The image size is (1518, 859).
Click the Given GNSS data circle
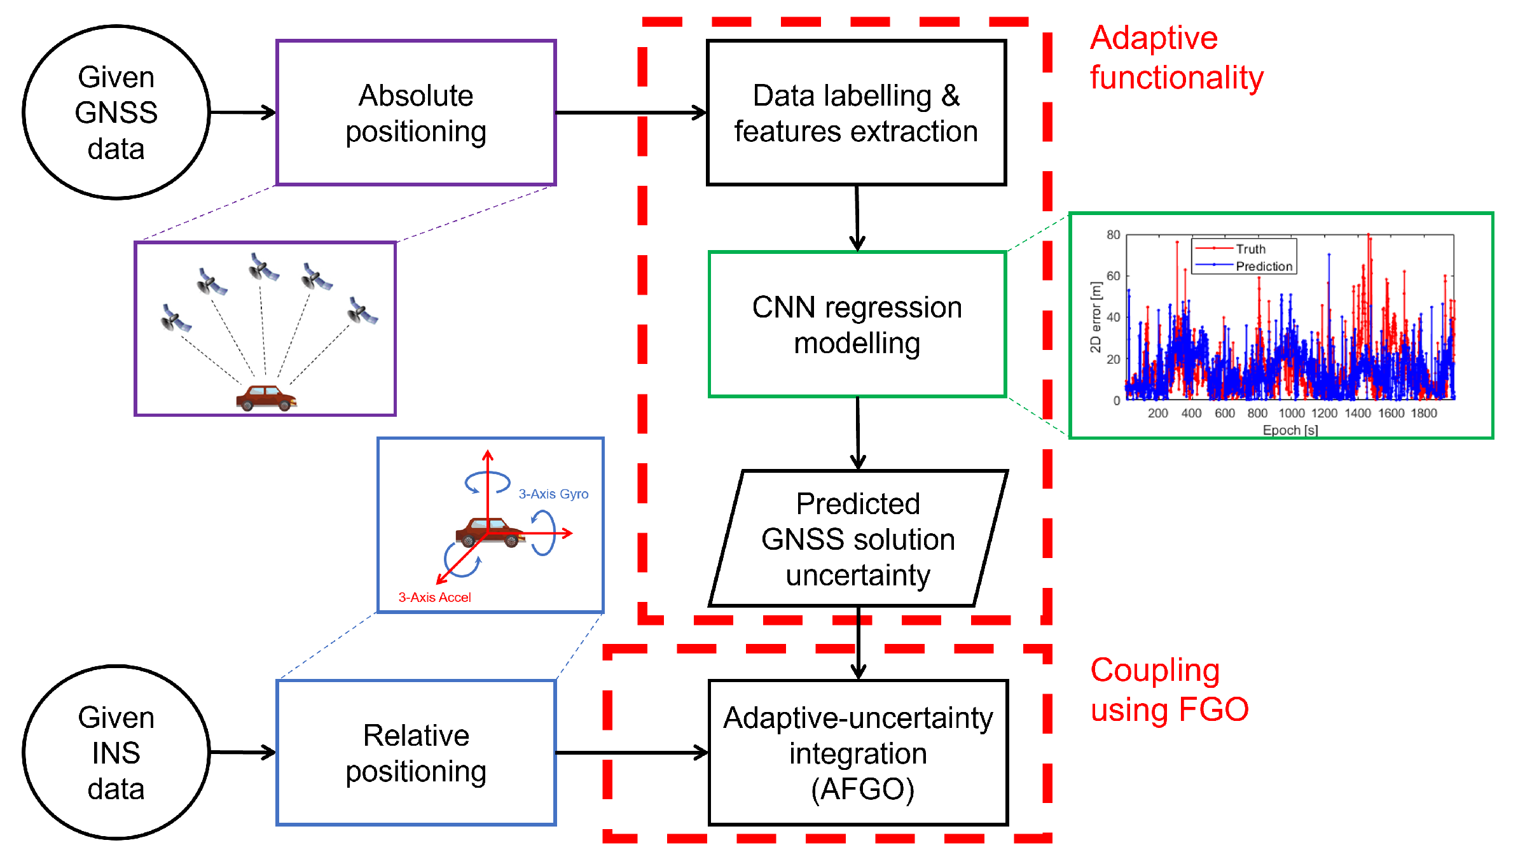point(116,113)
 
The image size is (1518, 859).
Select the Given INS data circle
point(116,753)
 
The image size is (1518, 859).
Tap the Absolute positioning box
point(416,113)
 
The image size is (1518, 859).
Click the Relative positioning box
point(416,753)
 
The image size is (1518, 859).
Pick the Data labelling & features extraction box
point(856,113)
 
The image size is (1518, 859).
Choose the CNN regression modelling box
point(857,325)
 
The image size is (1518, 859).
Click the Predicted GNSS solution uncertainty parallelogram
point(858,539)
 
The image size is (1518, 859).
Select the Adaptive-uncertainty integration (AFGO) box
point(858,753)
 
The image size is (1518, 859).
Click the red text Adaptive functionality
point(1176,57)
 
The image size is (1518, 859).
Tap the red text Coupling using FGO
point(1169,690)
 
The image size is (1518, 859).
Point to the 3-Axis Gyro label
point(553,494)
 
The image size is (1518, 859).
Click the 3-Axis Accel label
point(434,597)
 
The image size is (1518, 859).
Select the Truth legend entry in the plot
point(1250,249)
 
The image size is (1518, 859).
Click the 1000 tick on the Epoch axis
point(1291,413)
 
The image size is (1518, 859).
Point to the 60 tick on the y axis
point(1113,276)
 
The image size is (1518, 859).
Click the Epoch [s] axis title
point(1290,430)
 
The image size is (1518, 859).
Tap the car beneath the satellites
point(266,398)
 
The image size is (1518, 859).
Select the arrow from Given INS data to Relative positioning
point(242,753)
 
